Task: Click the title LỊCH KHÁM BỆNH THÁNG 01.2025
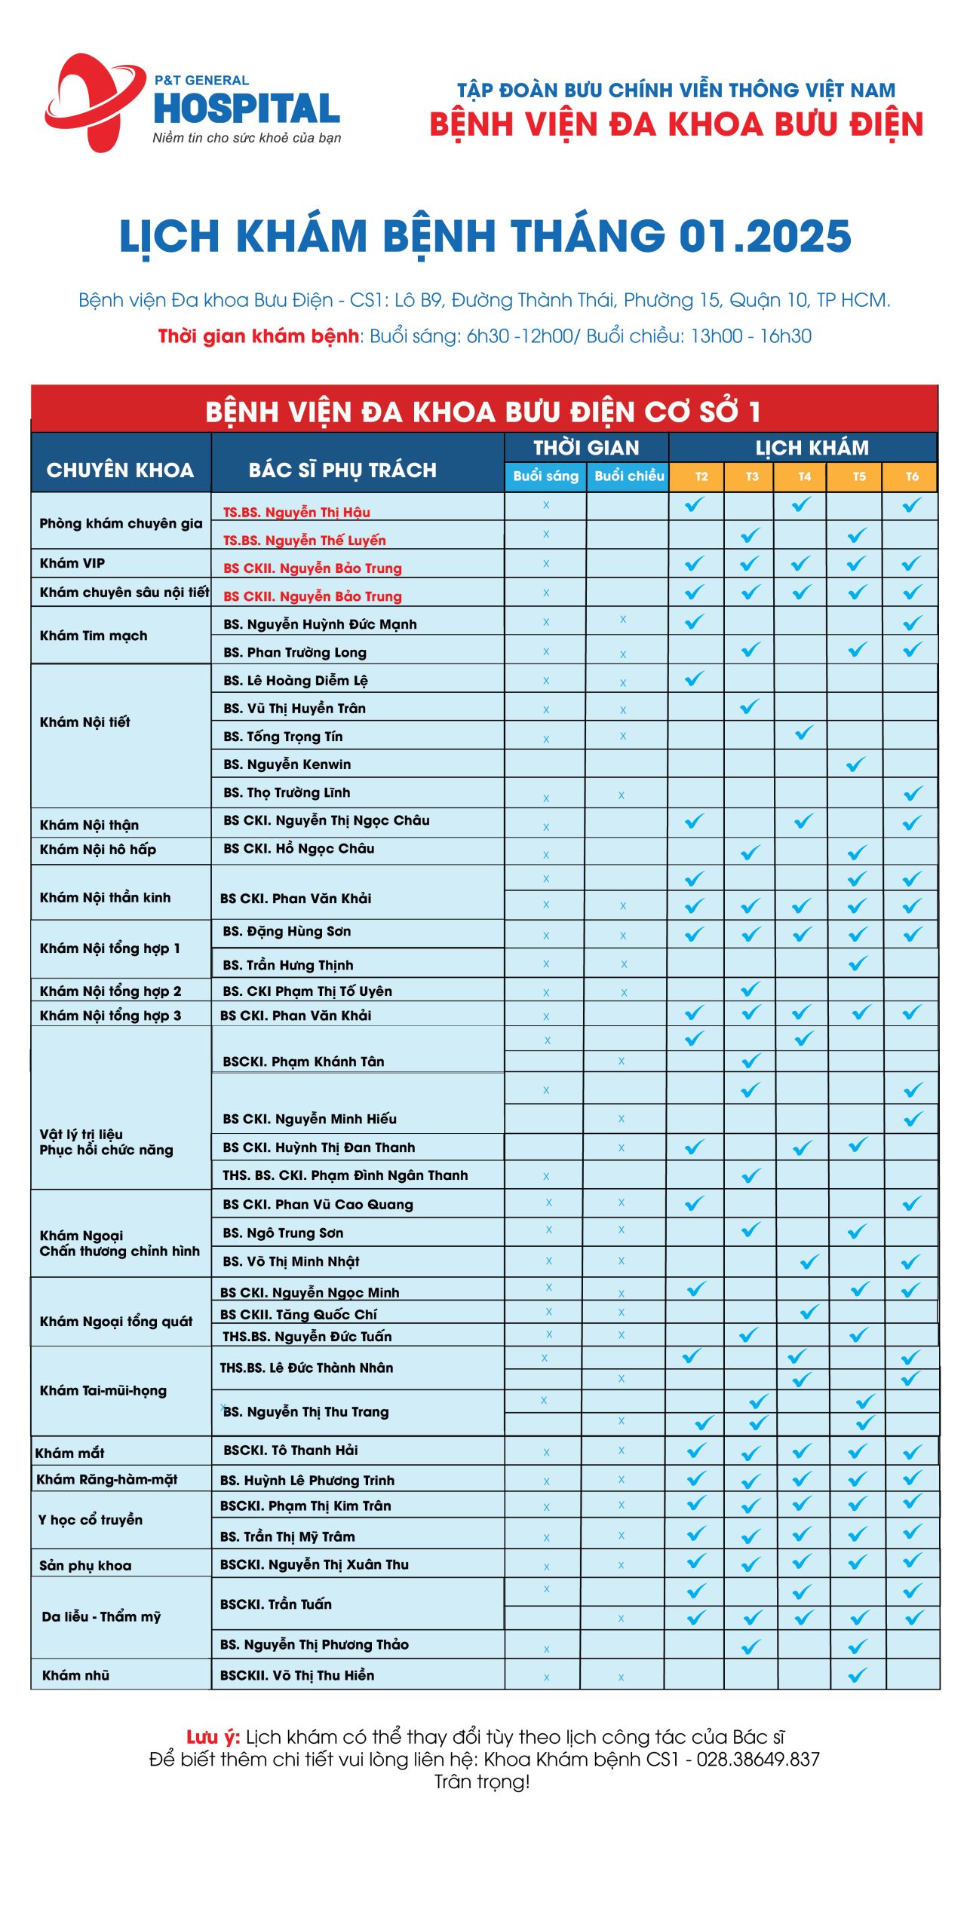(485, 237)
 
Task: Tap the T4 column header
(804, 476)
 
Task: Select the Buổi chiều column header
(628, 476)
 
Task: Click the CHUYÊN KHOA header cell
(121, 470)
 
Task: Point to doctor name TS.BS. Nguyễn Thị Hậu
(296, 513)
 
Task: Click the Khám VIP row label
(72, 563)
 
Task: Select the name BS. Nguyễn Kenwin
(287, 764)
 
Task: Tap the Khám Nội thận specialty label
(89, 825)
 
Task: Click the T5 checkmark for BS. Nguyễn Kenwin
(856, 764)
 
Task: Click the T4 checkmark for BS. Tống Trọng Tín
(804, 733)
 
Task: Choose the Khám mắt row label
(69, 1453)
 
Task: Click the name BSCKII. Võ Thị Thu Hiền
(297, 1675)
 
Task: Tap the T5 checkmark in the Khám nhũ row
(858, 1676)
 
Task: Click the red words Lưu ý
(213, 1737)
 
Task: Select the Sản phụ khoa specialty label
(85, 1565)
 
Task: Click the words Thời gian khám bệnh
(258, 336)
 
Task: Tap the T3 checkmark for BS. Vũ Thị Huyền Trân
(750, 706)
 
